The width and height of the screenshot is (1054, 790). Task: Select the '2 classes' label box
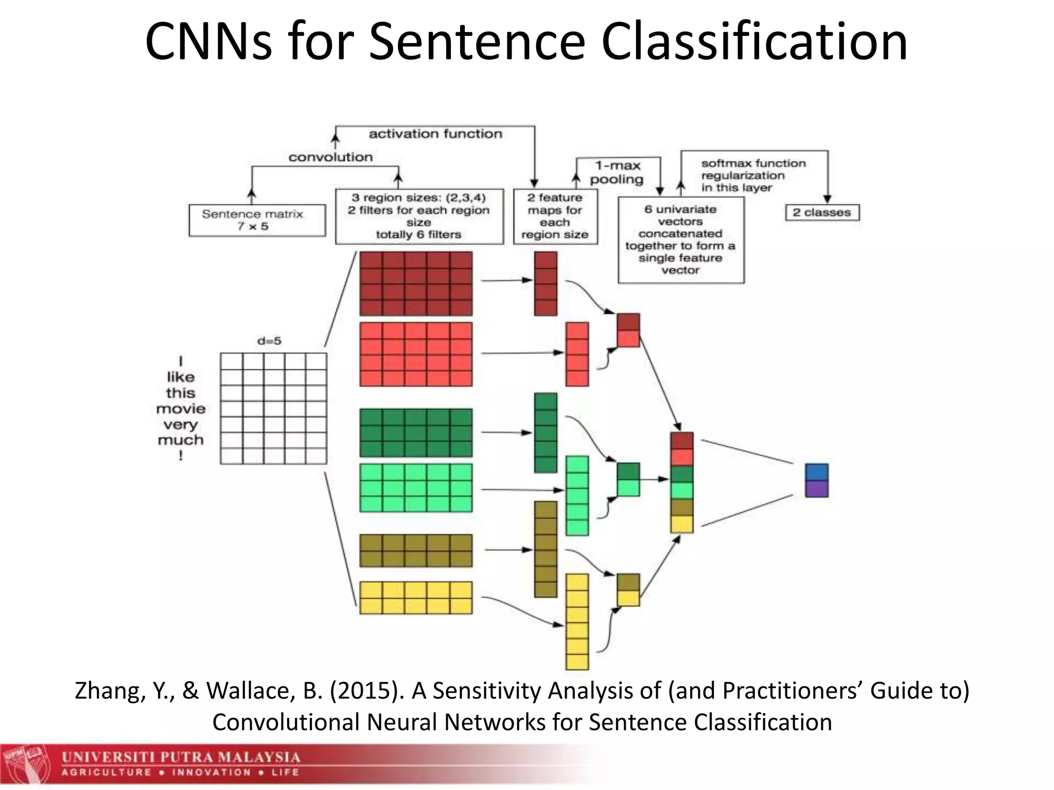822,212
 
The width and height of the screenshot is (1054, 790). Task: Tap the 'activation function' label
435,134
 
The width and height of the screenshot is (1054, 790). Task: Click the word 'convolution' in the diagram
330,157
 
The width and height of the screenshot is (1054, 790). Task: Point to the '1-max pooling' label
617,172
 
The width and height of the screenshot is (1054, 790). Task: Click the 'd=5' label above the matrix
269,341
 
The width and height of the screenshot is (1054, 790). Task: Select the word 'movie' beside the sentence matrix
181,409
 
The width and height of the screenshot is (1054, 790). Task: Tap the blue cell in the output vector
816,472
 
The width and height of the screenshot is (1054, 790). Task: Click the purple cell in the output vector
816,489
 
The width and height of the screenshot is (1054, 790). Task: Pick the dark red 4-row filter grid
415,283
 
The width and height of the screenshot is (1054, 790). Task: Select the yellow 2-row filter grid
415,598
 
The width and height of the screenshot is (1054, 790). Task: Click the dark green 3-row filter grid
415,433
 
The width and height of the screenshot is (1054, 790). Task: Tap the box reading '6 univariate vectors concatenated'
680,240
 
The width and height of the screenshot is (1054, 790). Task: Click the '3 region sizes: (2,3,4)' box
419,216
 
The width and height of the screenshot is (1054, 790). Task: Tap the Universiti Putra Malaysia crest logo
26,765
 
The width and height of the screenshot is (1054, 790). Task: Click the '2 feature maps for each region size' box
555,216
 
